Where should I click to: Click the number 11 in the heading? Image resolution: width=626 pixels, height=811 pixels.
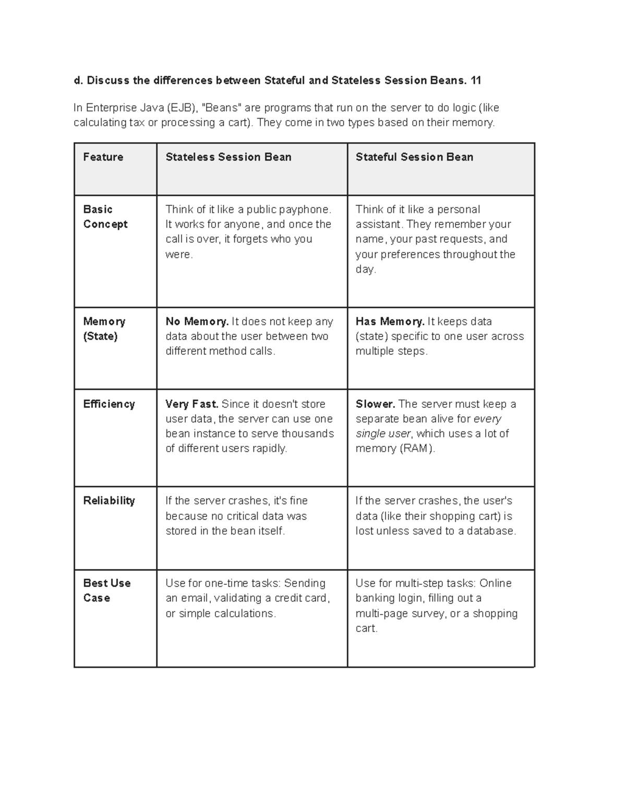coord(475,80)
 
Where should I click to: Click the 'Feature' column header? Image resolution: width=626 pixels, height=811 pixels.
coord(103,157)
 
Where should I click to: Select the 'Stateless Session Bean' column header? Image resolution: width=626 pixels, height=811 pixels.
coord(228,157)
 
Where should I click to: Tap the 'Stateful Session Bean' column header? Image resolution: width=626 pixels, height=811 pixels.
coord(414,157)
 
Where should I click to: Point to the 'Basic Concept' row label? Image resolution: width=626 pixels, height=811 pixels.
coord(105,217)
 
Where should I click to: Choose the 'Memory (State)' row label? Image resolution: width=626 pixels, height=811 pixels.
coord(104,328)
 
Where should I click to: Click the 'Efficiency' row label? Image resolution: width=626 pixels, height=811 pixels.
coord(109,404)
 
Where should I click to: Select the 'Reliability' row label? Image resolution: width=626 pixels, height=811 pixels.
coord(109,500)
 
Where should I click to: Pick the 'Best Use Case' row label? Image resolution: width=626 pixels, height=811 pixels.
coord(106,590)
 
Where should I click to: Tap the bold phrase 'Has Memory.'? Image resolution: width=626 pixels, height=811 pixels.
coord(390,322)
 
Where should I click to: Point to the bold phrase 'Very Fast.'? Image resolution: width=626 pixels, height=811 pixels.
coord(191,404)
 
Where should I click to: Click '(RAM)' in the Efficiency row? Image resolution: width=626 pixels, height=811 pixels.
coord(417,449)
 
